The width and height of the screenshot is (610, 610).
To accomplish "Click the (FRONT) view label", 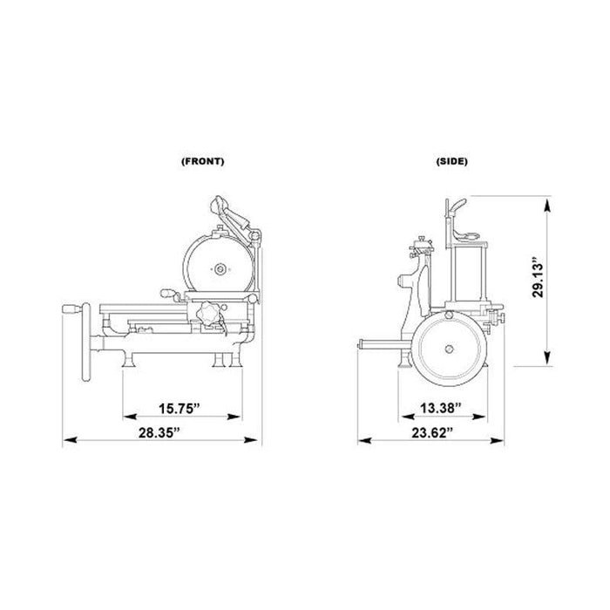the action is pos(203,161).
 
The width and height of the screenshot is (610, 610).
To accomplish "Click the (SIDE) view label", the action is pos(451,161).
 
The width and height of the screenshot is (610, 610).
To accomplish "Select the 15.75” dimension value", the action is pos(179,409).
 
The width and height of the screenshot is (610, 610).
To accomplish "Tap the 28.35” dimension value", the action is pos(159,432).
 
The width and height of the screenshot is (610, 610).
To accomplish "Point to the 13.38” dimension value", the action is pos(441,408).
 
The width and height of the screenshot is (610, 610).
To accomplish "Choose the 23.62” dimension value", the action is pos(432,432).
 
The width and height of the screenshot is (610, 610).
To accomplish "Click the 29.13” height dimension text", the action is pos(538,276).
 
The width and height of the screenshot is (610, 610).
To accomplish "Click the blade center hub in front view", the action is pos(220,268).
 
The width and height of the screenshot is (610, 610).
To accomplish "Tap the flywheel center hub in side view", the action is pos(450,349).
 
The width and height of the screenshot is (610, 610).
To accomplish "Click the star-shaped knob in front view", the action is pos(207,313).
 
